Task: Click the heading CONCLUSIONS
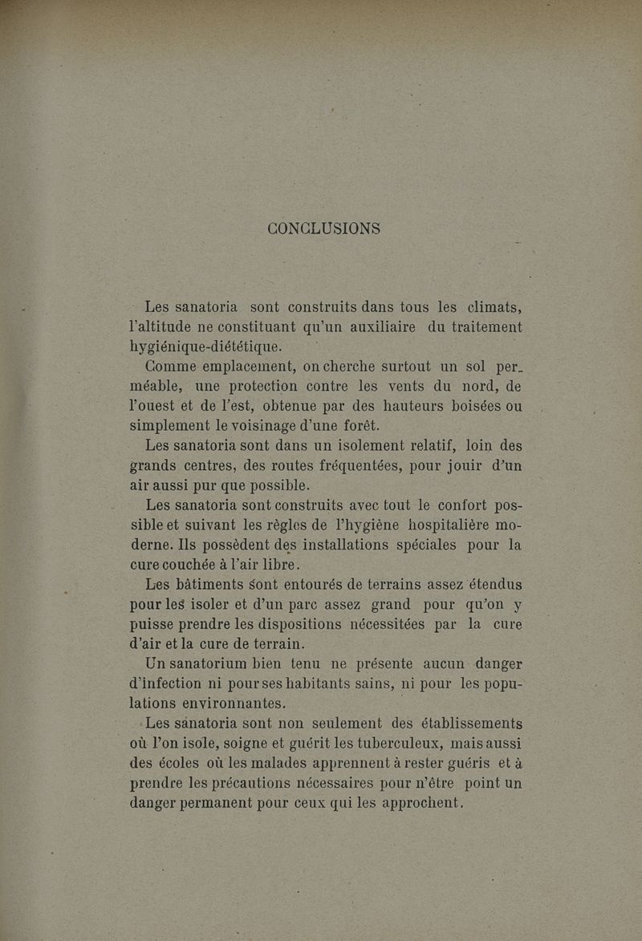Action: click(324, 228)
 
